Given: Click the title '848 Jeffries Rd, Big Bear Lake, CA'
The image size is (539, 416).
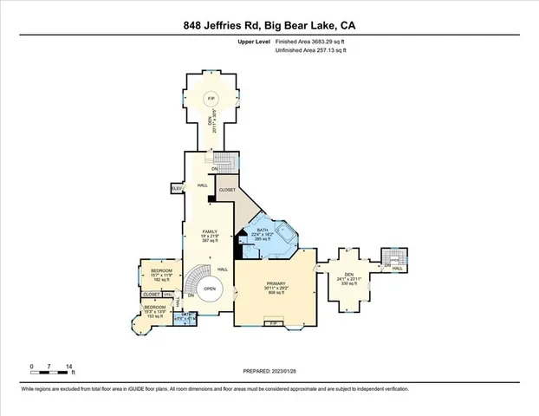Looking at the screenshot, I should coord(269,26).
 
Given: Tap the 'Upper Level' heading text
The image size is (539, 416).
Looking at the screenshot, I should coord(255,42).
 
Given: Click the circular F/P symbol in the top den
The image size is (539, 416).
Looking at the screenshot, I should coord(210,101).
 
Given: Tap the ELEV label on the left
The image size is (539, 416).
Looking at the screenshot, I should coord(176,188).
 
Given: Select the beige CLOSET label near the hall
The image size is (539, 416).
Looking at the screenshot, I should coord(227,189).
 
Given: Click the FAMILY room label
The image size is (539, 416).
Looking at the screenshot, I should coord(209,232).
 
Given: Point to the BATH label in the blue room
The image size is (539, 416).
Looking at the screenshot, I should coord(263,230).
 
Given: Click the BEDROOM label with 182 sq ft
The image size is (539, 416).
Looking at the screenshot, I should coord(162,271).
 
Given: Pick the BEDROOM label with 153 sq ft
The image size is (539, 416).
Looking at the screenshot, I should coord(155,308).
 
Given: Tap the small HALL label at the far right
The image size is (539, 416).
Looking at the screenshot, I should coord(397,269).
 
